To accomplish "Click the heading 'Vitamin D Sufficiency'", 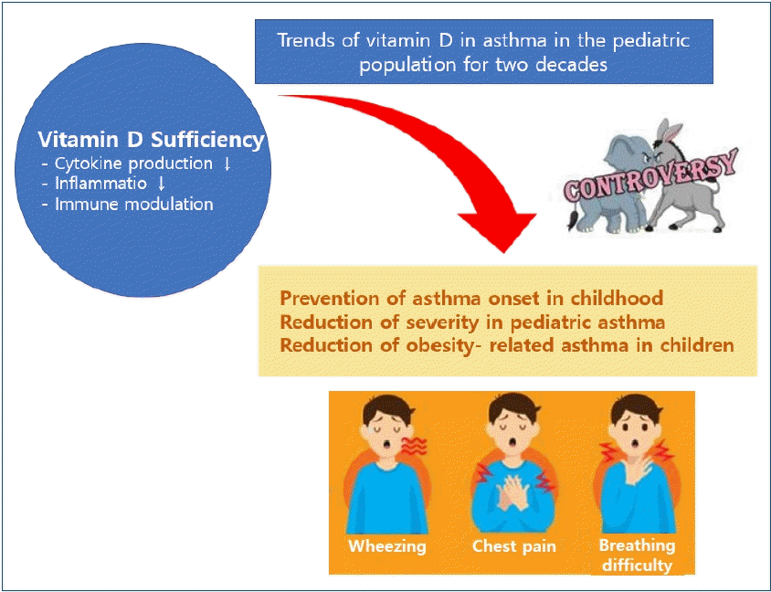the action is coord(151,140).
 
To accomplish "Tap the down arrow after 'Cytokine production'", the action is coord(227,164).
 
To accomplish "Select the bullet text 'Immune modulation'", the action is coord(134,204).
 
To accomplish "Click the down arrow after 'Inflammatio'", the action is coord(161,184).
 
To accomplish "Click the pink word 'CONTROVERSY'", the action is coord(651,176).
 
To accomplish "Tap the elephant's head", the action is coord(628,153).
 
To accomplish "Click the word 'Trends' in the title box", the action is coord(306,40).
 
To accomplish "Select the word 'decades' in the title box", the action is coord(571,65).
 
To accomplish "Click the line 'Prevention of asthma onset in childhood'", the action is coord(471,298).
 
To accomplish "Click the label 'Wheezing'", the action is coord(387,545).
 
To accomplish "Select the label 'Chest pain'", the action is coord(513,545).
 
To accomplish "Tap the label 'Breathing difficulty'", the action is coord(638,555).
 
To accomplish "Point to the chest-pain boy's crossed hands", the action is coord(513,493).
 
